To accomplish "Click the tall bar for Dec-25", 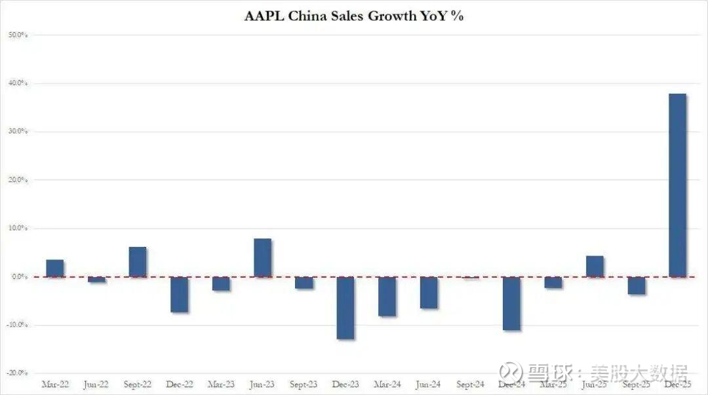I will [677, 185].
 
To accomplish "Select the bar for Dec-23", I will [345, 307].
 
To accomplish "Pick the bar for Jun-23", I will [262, 257].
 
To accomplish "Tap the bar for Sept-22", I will [138, 261].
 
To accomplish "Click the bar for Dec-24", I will [511, 303].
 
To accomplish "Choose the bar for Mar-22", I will [55, 268].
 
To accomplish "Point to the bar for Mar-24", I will [387, 296].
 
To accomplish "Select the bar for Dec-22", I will [179, 294].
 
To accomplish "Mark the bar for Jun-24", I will [429, 292].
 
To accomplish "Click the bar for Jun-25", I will [595, 266].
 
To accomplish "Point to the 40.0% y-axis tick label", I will [18, 83].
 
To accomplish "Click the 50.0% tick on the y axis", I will [18, 35].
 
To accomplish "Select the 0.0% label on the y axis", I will [18, 276].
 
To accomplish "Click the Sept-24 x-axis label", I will [470, 384].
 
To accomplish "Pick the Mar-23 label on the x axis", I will [221, 384].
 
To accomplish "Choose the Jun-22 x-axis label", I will [96, 384].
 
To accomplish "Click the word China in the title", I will [307, 16].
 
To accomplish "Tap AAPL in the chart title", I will [264, 16].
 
